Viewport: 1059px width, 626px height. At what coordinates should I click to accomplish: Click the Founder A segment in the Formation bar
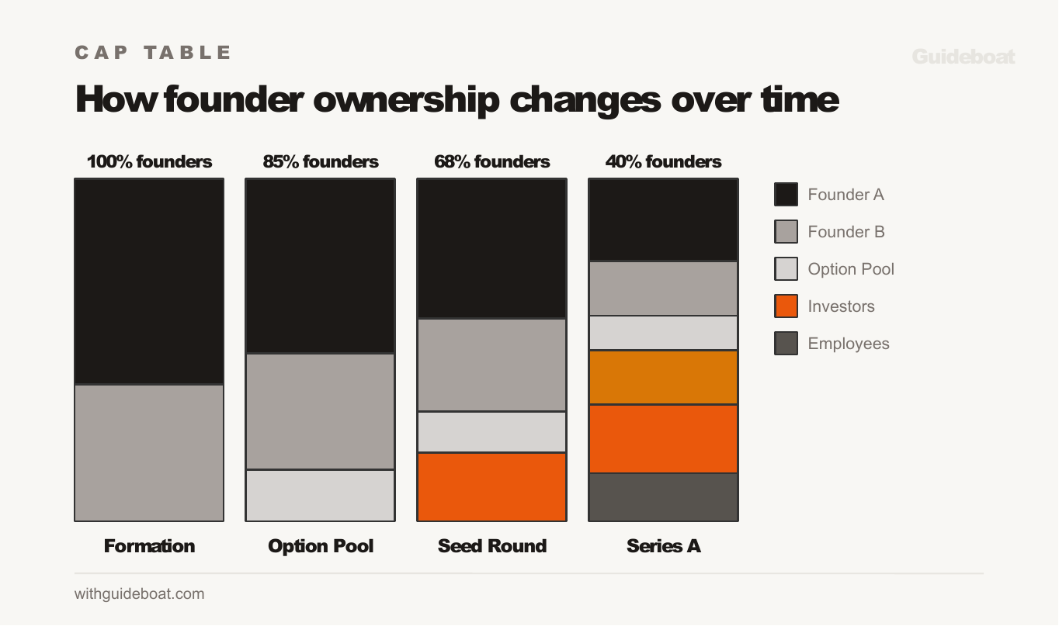tap(149, 282)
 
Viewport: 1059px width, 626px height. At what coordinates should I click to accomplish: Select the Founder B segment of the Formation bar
tap(149, 453)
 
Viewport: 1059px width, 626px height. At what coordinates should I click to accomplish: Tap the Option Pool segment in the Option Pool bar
tap(320, 496)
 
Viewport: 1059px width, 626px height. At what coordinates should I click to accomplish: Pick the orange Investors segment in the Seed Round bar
tap(491, 487)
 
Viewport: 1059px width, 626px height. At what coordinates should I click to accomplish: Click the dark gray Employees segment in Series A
tap(663, 497)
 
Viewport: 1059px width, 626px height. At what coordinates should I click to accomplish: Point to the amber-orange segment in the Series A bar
tap(663, 378)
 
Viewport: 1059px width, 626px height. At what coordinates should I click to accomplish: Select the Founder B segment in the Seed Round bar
tap(491, 365)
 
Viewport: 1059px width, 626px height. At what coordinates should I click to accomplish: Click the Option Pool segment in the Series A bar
tap(663, 333)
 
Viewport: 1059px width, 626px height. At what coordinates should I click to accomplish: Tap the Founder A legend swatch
tap(786, 195)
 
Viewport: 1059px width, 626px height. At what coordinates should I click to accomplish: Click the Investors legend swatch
tap(786, 306)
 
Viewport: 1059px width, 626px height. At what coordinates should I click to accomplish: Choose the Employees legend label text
tap(849, 344)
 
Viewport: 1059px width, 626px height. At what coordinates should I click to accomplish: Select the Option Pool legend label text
tap(851, 269)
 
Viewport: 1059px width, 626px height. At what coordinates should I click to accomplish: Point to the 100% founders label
tap(149, 162)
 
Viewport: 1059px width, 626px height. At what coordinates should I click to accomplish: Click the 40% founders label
tap(663, 162)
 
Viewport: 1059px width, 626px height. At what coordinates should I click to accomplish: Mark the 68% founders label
tap(491, 162)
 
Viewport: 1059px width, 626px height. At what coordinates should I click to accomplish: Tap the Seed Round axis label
tap(491, 546)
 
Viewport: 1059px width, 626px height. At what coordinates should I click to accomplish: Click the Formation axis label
tap(149, 546)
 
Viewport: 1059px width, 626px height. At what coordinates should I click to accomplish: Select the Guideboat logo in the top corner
tap(963, 57)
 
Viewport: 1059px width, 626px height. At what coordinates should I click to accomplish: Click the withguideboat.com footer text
tap(140, 594)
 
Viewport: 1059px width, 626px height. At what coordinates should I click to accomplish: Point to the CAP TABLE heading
tap(154, 53)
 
